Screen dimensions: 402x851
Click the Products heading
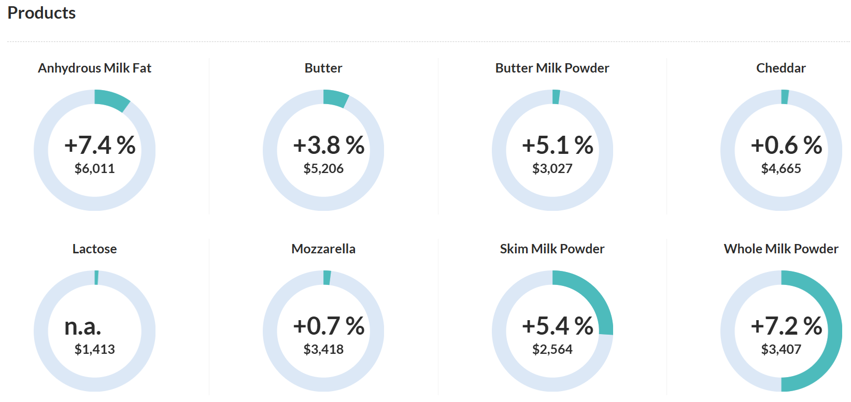(x=41, y=13)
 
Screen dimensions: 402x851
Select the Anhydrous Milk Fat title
(x=94, y=68)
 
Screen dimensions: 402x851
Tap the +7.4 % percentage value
(x=100, y=146)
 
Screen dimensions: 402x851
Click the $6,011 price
(x=94, y=168)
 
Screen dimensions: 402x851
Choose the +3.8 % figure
(x=329, y=146)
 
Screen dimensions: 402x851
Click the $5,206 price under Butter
(x=323, y=168)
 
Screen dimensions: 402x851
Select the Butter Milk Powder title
(x=552, y=68)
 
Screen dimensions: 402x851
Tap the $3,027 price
(x=552, y=168)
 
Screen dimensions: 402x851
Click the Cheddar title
(x=781, y=68)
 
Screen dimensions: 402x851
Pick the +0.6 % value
(x=786, y=146)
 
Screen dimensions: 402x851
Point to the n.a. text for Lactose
(x=82, y=326)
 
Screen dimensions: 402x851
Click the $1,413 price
(x=94, y=349)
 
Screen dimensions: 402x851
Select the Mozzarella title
(x=323, y=249)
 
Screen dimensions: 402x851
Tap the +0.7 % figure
(x=329, y=326)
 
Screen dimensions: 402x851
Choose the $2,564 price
(x=552, y=349)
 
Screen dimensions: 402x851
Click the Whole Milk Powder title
(x=781, y=249)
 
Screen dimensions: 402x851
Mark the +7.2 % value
(x=786, y=326)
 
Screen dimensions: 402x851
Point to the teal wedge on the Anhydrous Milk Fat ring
(x=111, y=100)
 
